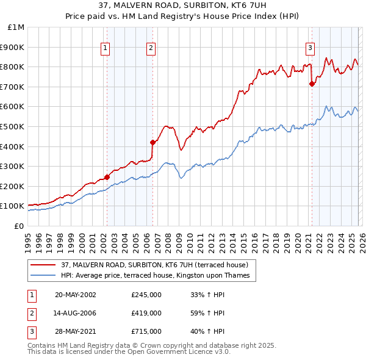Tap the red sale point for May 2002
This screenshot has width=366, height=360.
click(107, 177)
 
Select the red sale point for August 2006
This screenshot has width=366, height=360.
click(152, 142)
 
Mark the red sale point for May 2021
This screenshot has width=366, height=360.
click(312, 84)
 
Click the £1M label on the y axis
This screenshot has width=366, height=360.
click(16, 27)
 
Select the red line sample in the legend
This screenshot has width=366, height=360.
click(43, 265)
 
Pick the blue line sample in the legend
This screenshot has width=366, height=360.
click(43, 276)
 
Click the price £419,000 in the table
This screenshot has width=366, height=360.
click(146, 313)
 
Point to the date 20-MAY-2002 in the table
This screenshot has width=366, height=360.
click(76, 295)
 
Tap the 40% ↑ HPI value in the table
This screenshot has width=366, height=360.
click(208, 331)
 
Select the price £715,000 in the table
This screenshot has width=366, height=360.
click(146, 331)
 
